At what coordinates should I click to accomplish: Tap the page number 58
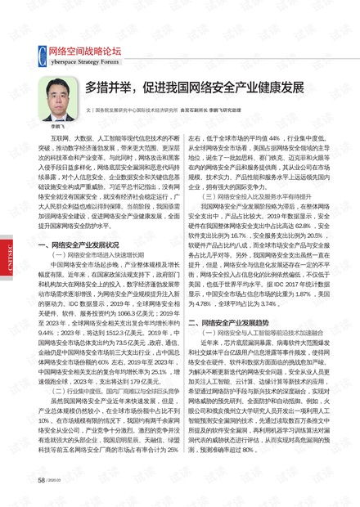pyautogui.click(x=41, y=481)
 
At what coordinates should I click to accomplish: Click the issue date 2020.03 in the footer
pyautogui.click(x=57, y=481)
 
